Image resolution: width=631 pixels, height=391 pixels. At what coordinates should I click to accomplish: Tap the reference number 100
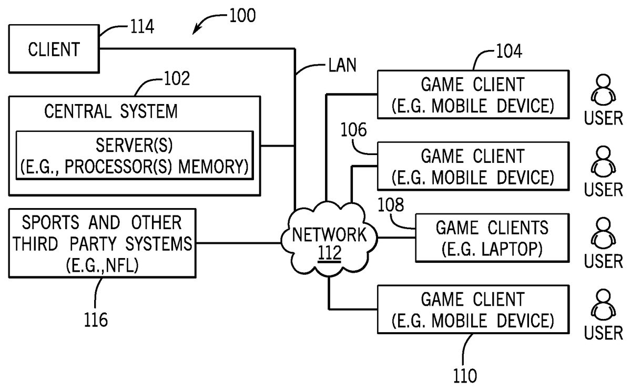[242, 15]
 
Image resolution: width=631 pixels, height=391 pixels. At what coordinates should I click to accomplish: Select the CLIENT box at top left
[54, 50]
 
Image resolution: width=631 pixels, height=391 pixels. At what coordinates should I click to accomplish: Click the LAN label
[342, 65]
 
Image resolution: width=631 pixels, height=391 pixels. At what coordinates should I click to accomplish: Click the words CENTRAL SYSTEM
[111, 111]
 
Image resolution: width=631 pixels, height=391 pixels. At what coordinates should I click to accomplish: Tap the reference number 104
[508, 52]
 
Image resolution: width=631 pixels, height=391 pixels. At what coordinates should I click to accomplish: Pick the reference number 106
[354, 130]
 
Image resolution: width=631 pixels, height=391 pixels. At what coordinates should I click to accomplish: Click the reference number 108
[391, 204]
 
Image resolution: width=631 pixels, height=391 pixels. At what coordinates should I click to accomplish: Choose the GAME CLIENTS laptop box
[492, 238]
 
